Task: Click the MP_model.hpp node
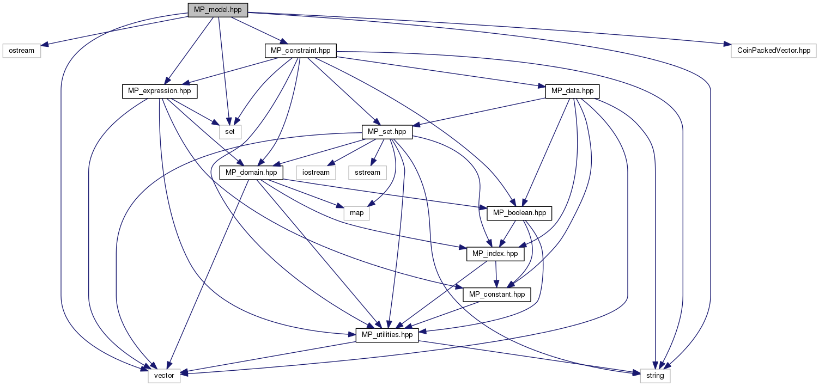[x=217, y=10]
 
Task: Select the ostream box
[x=22, y=51]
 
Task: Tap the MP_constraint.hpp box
[x=301, y=51]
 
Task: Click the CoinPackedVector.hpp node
[x=774, y=51]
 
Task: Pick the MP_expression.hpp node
[x=160, y=91]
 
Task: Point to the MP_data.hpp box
[x=572, y=91]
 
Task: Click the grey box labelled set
[x=230, y=132]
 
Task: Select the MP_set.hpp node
[x=387, y=132]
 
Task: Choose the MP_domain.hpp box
[x=251, y=173]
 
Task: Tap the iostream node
[x=316, y=173]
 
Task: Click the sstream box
[x=367, y=173]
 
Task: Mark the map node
[x=356, y=213]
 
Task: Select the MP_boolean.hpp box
[x=519, y=213]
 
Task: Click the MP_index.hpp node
[x=495, y=254]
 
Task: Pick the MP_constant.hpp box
[x=496, y=295]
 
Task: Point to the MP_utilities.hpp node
[x=387, y=335]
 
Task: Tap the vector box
[x=164, y=376]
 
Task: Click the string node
[x=655, y=376]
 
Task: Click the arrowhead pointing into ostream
[x=44, y=45]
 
